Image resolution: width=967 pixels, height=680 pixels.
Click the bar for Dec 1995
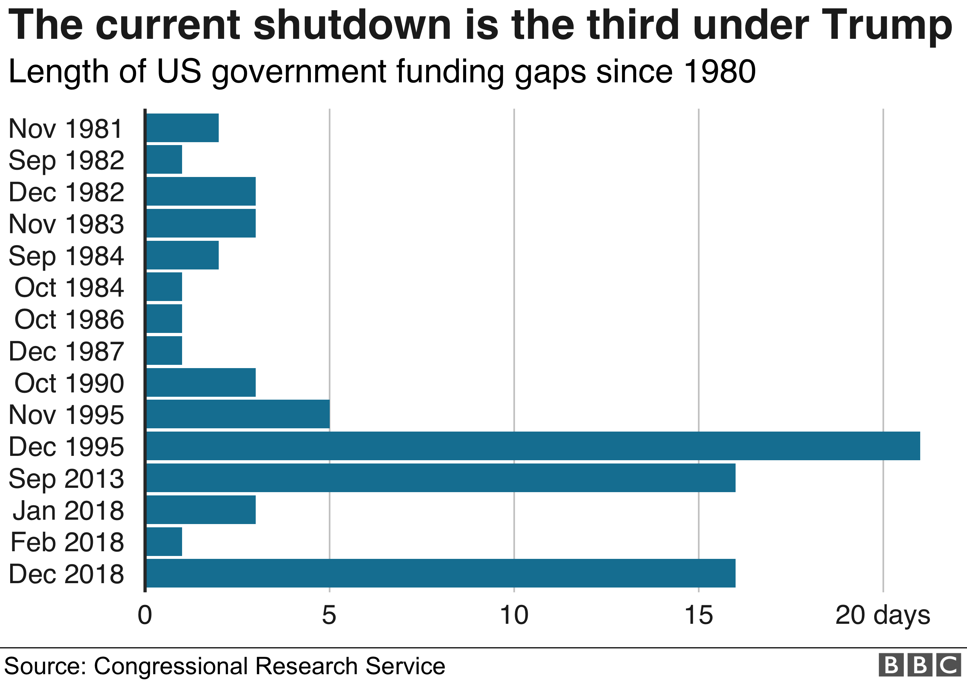(533, 446)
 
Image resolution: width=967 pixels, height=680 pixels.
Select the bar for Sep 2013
(441, 478)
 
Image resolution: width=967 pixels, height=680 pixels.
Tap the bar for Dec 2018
(441, 573)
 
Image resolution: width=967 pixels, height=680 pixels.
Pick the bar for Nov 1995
(238, 414)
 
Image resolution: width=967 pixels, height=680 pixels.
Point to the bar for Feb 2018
(164, 541)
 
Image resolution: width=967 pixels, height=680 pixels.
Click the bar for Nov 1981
(182, 128)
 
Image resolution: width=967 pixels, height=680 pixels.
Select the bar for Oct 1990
(201, 382)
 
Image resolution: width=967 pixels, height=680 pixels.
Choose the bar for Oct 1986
(164, 319)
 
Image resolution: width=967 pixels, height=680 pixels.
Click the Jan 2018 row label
(68, 510)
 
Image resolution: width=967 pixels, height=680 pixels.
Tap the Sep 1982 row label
(66, 160)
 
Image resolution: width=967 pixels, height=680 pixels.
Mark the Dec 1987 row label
(66, 351)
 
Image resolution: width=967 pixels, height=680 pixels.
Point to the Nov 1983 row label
(66, 224)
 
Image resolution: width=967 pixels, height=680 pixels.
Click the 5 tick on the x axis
(329, 615)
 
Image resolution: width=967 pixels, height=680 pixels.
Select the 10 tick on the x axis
(514, 615)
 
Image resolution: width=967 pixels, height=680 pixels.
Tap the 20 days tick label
(883, 615)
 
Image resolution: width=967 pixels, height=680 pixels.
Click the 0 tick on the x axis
(145, 615)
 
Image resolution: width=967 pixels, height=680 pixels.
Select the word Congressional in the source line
(170, 666)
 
